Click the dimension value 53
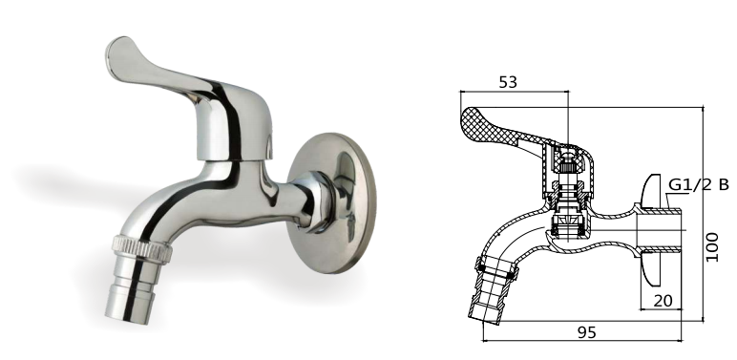(x=508, y=82)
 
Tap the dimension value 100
(x=712, y=246)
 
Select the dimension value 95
(x=586, y=332)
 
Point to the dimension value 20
(x=663, y=300)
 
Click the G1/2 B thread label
(x=699, y=184)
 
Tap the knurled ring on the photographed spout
(x=141, y=247)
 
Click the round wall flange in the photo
(x=332, y=203)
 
